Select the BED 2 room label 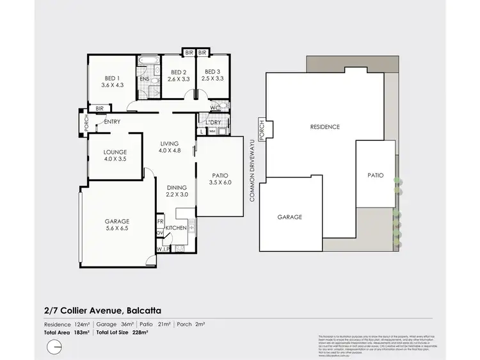[x=176, y=72]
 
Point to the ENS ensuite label [x=145, y=79]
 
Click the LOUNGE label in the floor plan [x=114, y=152]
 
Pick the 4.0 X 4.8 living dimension [x=170, y=151]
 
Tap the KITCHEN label [x=176, y=228]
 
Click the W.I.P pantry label [x=163, y=249]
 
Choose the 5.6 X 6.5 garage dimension [x=117, y=228]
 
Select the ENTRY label [x=112, y=122]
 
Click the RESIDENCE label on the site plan [x=324, y=127]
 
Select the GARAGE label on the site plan [x=289, y=217]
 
